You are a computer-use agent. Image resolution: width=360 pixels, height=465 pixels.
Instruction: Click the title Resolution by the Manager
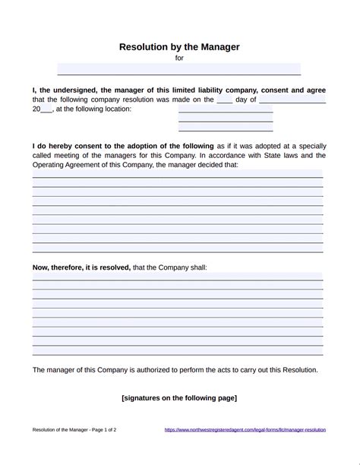point(179,47)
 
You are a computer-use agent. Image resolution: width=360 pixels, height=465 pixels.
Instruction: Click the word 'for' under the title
point(179,58)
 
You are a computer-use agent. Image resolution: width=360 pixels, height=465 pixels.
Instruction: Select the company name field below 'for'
point(179,69)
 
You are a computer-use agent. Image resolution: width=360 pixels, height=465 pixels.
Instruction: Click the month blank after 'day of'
point(292,100)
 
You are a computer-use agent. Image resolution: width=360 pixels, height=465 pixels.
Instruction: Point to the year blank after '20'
point(46,109)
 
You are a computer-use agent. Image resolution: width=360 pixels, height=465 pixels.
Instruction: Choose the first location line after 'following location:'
point(226,109)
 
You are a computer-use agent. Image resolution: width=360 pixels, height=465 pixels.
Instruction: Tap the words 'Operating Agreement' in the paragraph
point(65,164)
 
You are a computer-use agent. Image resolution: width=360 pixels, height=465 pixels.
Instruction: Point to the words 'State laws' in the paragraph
point(279,155)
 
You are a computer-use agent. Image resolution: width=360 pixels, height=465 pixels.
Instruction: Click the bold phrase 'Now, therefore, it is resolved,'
point(81,267)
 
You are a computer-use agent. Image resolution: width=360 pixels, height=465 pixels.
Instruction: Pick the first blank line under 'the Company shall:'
point(178,277)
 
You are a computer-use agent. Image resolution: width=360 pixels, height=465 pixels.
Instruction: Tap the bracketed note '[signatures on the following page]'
point(179,397)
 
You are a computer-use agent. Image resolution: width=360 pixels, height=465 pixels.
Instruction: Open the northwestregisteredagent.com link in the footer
point(245,430)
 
